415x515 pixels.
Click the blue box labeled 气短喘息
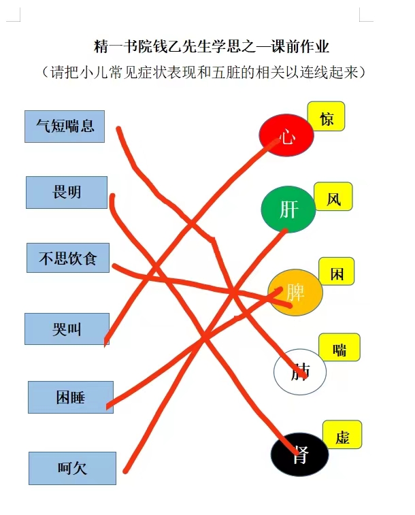pyautogui.click(x=65, y=127)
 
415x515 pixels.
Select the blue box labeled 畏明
pyautogui.click(x=67, y=193)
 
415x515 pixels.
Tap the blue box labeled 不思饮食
pyautogui.click(x=68, y=258)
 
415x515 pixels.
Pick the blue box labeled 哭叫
pyautogui.click(x=67, y=329)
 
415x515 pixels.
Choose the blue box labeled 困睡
pyautogui.click(x=71, y=397)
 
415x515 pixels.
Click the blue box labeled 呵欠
pyautogui.click(x=72, y=468)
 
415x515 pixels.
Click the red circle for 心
pyautogui.click(x=286, y=135)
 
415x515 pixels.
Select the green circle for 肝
pyautogui.click(x=288, y=210)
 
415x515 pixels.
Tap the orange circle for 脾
pyautogui.click(x=295, y=293)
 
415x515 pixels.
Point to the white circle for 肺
pyautogui.click(x=300, y=371)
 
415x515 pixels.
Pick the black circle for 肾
pyautogui.click(x=299, y=454)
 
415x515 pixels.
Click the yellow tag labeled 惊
pyautogui.click(x=326, y=116)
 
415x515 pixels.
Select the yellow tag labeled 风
pyautogui.click(x=333, y=197)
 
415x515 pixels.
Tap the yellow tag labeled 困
pyautogui.click(x=337, y=271)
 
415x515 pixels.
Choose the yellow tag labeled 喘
pyautogui.click(x=339, y=347)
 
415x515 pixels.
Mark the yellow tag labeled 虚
pyautogui.click(x=342, y=435)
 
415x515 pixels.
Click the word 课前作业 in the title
pyautogui.click(x=300, y=46)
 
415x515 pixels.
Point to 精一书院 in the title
pyautogui.click(x=123, y=46)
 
